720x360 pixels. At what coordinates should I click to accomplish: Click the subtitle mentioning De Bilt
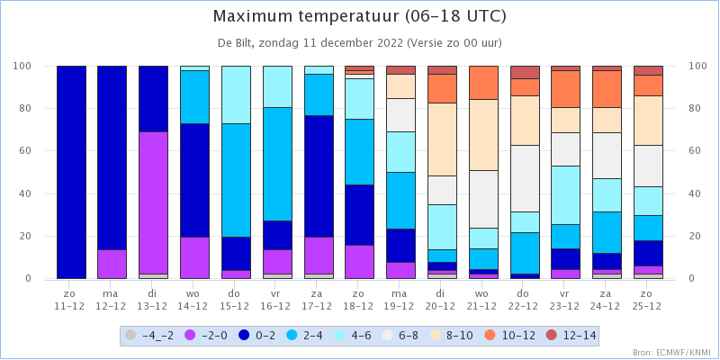tap(359, 43)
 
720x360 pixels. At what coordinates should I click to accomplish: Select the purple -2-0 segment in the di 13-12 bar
tap(153, 203)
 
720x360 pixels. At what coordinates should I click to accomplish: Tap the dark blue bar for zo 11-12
tap(71, 172)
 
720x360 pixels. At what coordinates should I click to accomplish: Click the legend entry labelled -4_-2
tap(149, 336)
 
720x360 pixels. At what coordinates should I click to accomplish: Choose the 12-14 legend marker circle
tap(552, 336)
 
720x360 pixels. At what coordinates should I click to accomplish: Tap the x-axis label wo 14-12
tap(194, 299)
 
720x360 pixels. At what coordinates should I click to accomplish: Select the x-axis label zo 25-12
tap(648, 299)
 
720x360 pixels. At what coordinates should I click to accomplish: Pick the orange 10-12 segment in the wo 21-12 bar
tap(483, 83)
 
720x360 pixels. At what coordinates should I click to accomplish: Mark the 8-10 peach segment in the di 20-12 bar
tap(442, 139)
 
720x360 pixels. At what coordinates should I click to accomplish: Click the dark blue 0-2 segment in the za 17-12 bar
tap(319, 176)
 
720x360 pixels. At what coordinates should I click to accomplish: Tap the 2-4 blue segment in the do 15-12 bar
tap(236, 181)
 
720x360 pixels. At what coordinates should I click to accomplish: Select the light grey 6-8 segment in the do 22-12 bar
tap(525, 178)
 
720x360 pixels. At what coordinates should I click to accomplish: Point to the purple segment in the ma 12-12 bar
tap(112, 264)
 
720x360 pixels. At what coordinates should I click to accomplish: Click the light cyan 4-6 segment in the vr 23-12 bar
tap(566, 195)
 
